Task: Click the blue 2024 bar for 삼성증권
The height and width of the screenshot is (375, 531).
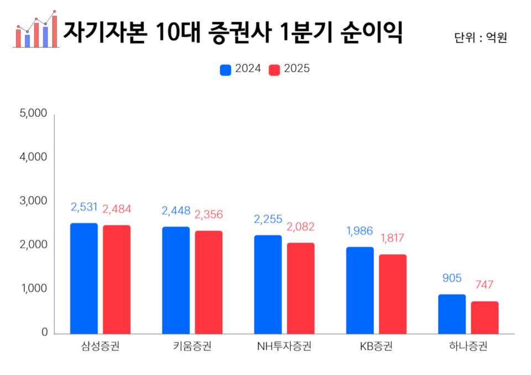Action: (x=84, y=278)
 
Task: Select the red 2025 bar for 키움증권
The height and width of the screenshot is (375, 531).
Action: (x=209, y=282)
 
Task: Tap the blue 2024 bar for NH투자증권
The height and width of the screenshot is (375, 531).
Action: (x=268, y=284)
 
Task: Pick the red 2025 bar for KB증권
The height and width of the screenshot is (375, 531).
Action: (x=393, y=294)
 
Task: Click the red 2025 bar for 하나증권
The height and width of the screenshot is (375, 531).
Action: (x=485, y=317)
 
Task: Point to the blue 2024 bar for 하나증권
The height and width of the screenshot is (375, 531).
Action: (x=452, y=314)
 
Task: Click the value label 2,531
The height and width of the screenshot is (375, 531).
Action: (x=84, y=207)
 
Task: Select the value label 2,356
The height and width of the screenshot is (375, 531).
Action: (x=209, y=214)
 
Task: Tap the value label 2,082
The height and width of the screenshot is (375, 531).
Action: (x=300, y=226)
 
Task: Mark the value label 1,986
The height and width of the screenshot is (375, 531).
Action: (x=360, y=231)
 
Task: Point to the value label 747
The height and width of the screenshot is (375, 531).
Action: (x=485, y=285)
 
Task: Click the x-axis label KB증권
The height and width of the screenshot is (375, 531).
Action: (x=376, y=347)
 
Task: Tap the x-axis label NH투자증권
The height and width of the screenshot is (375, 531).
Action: (x=284, y=347)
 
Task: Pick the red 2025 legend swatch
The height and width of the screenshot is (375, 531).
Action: (x=274, y=70)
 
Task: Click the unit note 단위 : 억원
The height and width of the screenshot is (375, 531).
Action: (x=480, y=38)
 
